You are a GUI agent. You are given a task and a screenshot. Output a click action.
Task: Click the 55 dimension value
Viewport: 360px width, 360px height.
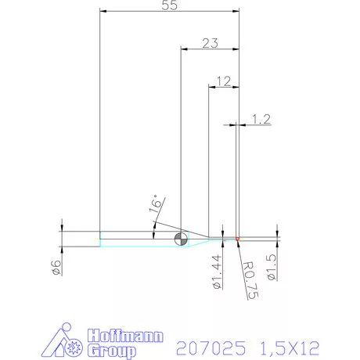167,6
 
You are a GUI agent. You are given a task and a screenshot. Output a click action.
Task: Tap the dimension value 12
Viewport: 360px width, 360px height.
223,81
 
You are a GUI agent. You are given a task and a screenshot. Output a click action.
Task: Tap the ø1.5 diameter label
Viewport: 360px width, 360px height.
272,267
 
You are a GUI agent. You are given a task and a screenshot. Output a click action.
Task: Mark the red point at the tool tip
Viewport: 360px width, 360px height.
237,237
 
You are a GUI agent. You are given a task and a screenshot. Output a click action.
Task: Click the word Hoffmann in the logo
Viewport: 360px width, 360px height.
125,336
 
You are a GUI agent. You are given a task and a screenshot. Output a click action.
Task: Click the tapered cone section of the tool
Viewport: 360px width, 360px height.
198,238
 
